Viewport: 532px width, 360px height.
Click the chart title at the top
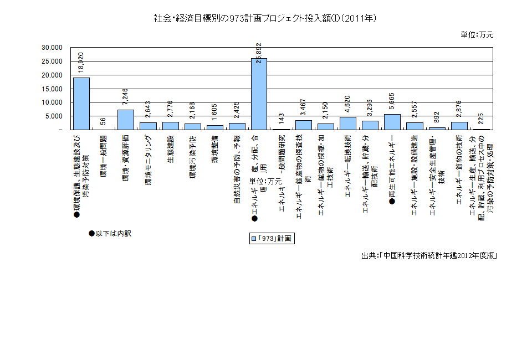pos(265,18)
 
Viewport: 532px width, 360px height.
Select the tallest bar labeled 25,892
pos(259,94)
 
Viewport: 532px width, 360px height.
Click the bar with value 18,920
pos(81,104)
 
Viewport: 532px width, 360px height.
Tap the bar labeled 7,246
pos(125,120)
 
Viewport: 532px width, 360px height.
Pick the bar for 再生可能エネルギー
pos(392,122)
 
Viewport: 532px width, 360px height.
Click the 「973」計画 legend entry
pos(271,239)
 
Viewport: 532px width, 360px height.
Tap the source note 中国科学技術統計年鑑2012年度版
pos(428,255)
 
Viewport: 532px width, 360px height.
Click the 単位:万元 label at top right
pos(477,34)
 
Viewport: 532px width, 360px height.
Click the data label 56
pos(104,122)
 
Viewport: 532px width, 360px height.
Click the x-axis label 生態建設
pos(170,148)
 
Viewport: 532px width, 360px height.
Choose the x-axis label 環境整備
pos(214,148)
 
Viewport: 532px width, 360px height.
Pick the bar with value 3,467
pos(303,125)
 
